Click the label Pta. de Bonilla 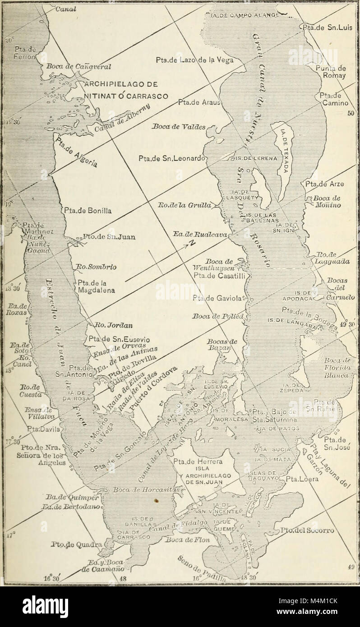click(88, 210)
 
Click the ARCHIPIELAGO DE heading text click(121, 84)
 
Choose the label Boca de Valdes click(179, 127)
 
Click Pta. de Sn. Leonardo click(171, 158)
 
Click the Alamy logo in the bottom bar click(45, 606)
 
